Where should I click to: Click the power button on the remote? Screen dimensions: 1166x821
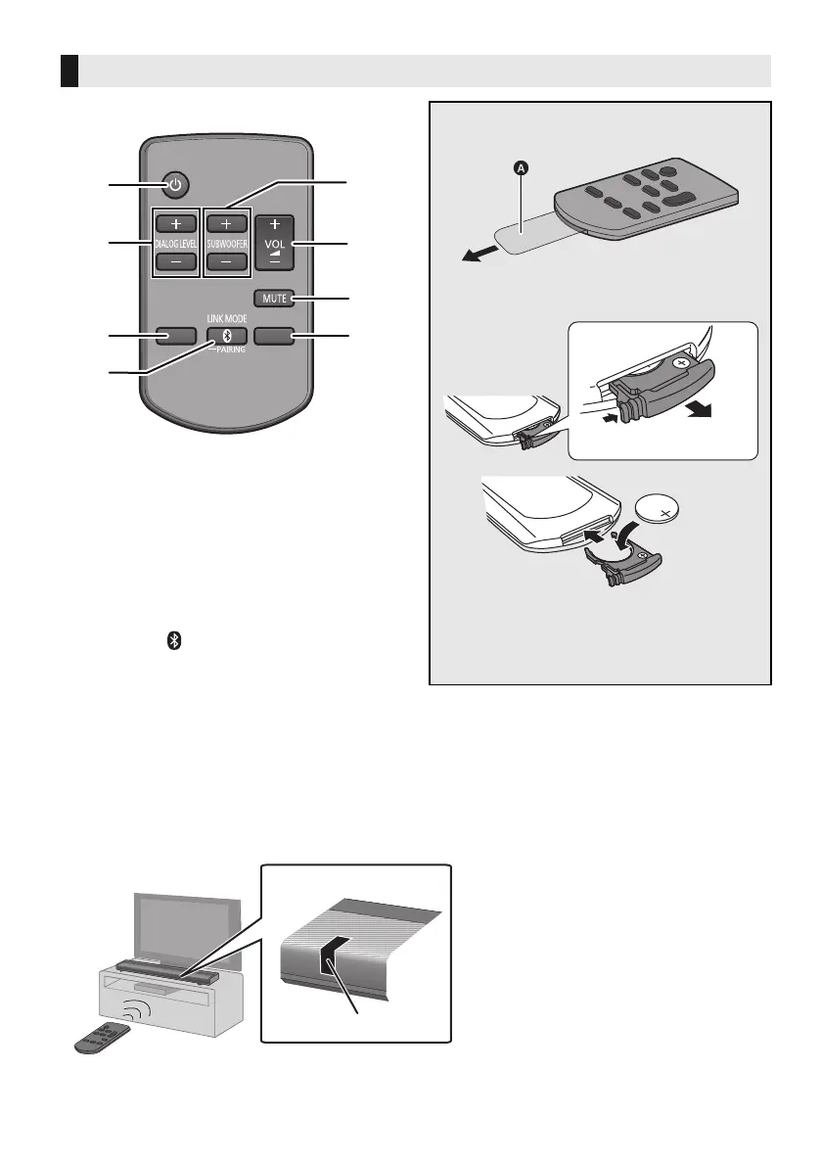(173, 183)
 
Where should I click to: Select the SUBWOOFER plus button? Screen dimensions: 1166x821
(225, 222)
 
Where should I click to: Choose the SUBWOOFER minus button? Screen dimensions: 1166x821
(225, 262)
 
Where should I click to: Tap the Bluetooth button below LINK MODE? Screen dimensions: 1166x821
(226, 336)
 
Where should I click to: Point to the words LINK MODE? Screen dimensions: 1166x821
(225, 318)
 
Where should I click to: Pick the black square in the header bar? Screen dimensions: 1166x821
(68, 71)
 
